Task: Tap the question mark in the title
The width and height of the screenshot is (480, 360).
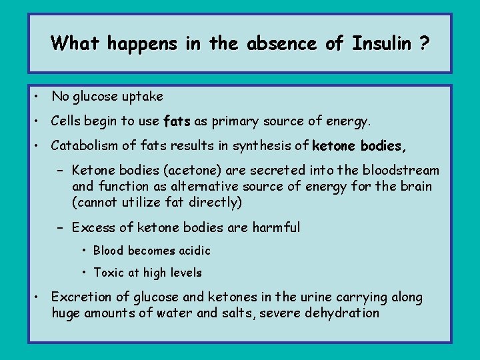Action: [x=425, y=44]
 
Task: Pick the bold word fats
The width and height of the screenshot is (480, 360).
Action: [x=177, y=122]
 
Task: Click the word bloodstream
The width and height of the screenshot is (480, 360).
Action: [x=400, y=171]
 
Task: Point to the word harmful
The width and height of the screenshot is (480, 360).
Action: [x=276, y=228]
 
